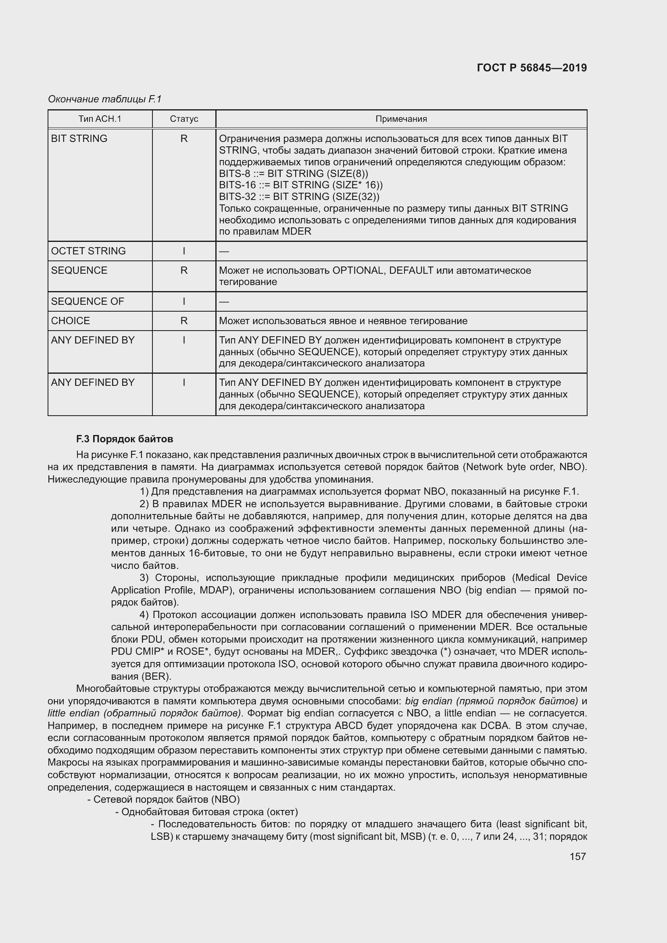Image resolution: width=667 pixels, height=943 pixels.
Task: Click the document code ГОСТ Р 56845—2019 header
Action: click(x=532, y=68)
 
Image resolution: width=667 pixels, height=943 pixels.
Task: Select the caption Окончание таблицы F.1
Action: click(x=105, y=99)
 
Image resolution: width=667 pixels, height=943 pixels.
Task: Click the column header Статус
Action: click(x=184, y=119)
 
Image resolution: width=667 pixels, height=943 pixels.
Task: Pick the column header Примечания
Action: click(x=401, y=119)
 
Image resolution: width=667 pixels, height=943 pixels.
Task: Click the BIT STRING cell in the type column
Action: click(x=79, y=138)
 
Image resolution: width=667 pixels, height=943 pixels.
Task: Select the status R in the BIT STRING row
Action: click(x=184, y=138)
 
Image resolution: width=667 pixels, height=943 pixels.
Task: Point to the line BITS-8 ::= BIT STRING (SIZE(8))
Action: click(x=293, y=173)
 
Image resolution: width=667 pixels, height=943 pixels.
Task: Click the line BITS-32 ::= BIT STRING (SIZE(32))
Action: click(x=299, y=196)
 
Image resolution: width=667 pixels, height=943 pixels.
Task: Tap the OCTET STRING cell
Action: click(x=88, y=251)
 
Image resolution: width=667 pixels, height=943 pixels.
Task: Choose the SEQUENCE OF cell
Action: click(x=87, y=302)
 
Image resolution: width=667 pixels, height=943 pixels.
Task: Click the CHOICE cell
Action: click(x=70, y=321)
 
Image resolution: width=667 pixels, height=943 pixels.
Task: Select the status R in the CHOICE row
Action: click(x=184, y=321)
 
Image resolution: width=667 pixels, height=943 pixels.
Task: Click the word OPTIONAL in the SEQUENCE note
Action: click(x=357, y=270)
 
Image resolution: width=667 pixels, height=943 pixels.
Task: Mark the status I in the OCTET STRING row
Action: click(x=184, y=251)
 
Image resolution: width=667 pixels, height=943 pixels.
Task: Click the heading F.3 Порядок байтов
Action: click(x=125, y=439)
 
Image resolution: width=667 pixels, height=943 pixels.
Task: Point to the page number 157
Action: click(x=577, y=856)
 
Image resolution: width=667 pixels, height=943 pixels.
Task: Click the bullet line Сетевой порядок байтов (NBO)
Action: click(x=163, y=799)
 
